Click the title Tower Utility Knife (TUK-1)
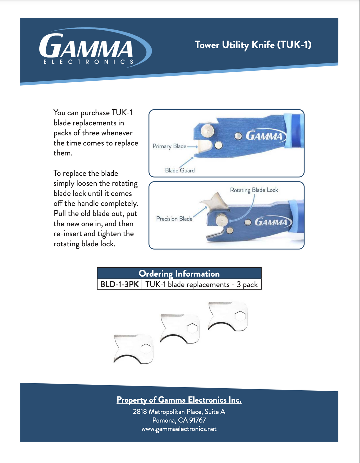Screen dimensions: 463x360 coord(253,45)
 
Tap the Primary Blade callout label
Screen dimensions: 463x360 coord(169,146)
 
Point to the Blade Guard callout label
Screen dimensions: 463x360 coord(180,170)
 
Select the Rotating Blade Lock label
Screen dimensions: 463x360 coord(254,190)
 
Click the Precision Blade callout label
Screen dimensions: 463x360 coord(174,219)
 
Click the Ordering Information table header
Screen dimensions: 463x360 coord(179,274)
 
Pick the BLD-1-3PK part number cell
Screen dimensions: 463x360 coord(119,284)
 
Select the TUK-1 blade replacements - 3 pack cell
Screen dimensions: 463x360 coord(201,284)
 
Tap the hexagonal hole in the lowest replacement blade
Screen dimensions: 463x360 coord(146,349)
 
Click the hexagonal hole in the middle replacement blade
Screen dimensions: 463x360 coord(192,328)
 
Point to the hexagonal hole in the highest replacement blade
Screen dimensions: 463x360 coord(240,316)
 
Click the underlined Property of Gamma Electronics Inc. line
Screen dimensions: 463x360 coord(179,400)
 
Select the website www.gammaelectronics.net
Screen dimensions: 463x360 coord(179,429)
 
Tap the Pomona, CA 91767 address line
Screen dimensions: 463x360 coord(179,420)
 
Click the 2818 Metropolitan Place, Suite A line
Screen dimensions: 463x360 coord(179,412)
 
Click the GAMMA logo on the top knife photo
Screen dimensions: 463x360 coord(264,136)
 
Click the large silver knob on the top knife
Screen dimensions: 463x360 coord(207,130)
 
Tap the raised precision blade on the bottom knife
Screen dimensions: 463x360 coord(217,202)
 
